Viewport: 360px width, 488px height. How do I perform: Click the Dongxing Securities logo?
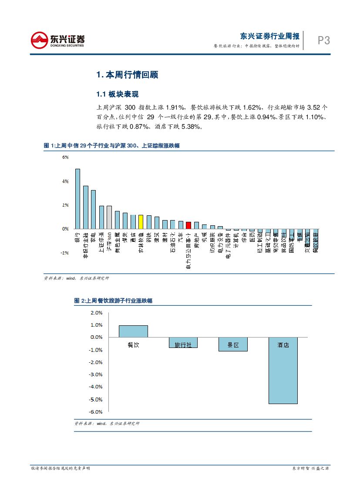57,40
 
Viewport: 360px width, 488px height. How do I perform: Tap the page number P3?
323,40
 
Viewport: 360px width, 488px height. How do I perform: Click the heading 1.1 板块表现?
117,94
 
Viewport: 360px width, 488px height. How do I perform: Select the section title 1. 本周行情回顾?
127,75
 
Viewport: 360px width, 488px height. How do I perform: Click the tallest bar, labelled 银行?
77,198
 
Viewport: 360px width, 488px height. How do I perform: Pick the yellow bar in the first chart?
141,221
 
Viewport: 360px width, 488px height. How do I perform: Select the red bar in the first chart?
188,225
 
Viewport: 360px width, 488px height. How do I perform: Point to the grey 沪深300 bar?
109,217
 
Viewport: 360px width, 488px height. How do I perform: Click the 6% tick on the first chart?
65,157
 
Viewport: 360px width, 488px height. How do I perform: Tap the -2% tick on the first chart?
65,252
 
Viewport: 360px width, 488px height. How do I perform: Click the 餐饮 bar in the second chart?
133,331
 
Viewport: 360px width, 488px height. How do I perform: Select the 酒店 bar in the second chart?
283,370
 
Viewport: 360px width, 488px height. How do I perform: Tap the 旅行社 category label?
183,345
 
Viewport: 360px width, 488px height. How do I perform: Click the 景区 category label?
233,345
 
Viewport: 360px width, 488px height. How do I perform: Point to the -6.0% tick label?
96,411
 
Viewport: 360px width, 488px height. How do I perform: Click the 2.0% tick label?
96,312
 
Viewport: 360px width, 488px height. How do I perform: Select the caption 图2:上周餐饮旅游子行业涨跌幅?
113,301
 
